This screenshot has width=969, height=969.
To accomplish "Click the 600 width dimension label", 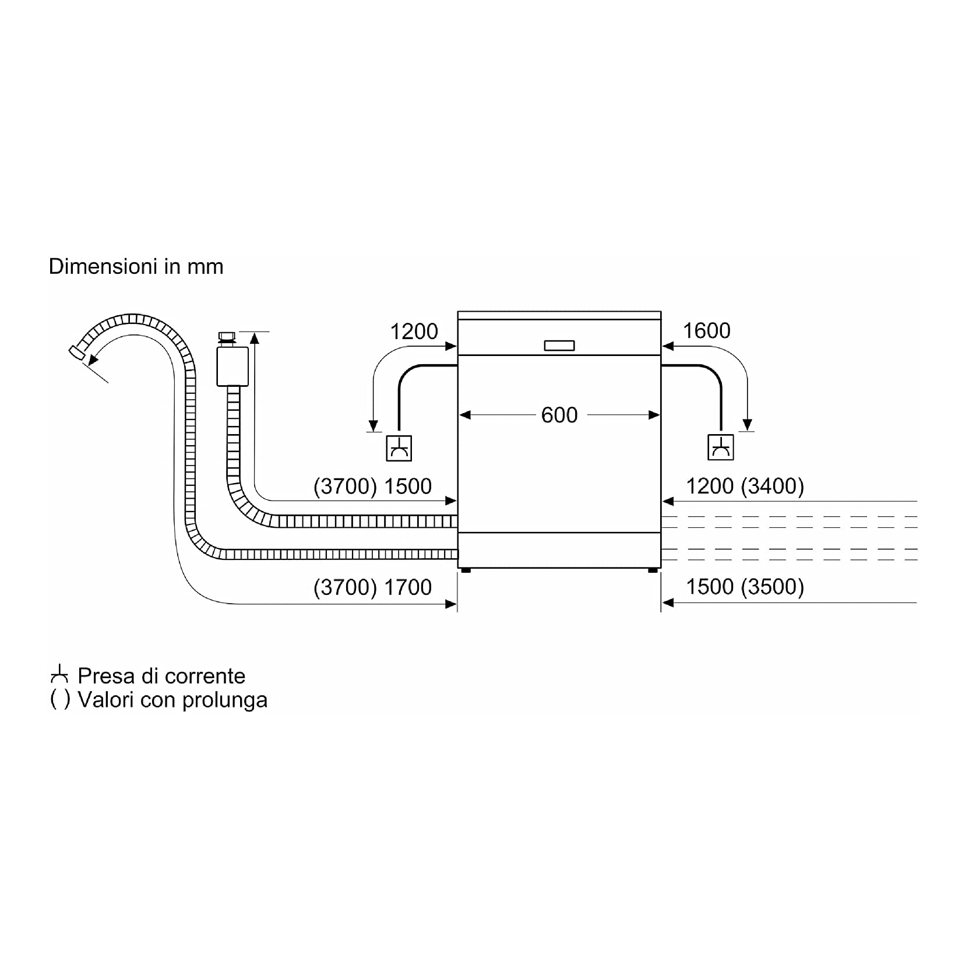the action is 559,415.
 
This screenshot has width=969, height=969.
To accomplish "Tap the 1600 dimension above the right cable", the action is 706,331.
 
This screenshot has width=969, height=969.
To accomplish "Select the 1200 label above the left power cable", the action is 414,332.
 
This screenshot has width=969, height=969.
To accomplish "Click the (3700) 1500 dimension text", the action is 372,487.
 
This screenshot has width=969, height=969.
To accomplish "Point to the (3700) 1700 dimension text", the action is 372,587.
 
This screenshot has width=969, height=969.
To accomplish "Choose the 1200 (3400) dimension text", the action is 745,486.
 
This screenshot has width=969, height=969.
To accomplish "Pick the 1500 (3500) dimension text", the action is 745,587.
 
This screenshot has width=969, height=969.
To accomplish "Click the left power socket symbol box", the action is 399,448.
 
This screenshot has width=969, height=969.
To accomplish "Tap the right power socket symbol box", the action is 721,447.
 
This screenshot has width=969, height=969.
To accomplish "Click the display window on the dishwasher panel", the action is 559,346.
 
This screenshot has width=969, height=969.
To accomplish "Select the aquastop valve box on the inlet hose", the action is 232,367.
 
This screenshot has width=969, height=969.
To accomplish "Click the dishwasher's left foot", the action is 465,570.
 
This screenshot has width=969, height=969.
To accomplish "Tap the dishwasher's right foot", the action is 653,570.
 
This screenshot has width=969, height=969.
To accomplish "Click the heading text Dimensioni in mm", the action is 136,266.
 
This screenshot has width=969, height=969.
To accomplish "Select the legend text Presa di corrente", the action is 161,676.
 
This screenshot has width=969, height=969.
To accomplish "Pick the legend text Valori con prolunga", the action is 172,699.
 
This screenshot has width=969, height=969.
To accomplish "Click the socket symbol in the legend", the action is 59,676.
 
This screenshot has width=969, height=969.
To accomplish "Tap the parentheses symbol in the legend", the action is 60,699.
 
